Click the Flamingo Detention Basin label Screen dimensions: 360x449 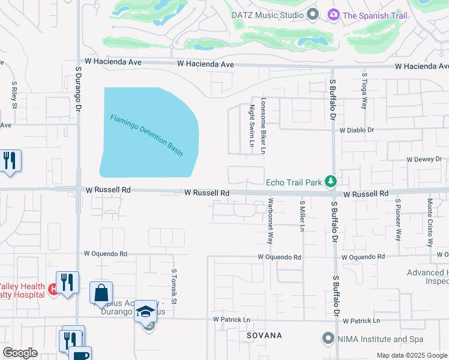[x=146, y=135]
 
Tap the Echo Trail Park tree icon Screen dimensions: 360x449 [x=330, y=181]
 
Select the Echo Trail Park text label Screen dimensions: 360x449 [x=294, y=182]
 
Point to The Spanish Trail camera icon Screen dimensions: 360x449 [x=333, y=14]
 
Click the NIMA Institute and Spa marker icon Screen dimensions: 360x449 [x=328, y=338]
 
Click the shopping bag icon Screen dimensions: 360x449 [x=101, y=293]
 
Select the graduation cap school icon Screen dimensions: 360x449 [x=145, y=311]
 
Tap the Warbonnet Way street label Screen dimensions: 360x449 [x=270, y=220]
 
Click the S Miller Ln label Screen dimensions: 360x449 [x=303, y=216]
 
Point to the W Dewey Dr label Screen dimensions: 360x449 [x=424, y=160]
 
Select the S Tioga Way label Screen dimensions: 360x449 [x=364, y=91]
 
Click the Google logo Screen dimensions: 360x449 [x=20, y=353]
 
